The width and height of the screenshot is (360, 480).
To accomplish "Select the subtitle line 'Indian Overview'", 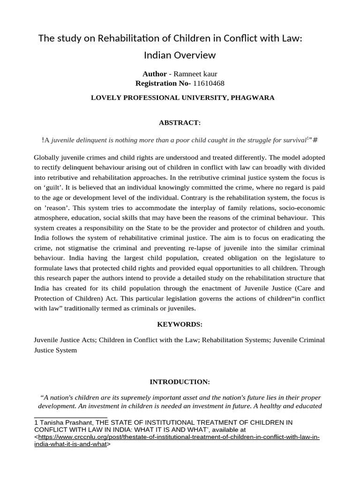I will pos(180,55).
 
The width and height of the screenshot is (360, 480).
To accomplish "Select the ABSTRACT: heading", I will pos(180,122).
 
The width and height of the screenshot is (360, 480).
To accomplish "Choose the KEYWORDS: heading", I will pos(180,324).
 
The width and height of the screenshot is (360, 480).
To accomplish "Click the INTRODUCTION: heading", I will pos(180,382).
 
